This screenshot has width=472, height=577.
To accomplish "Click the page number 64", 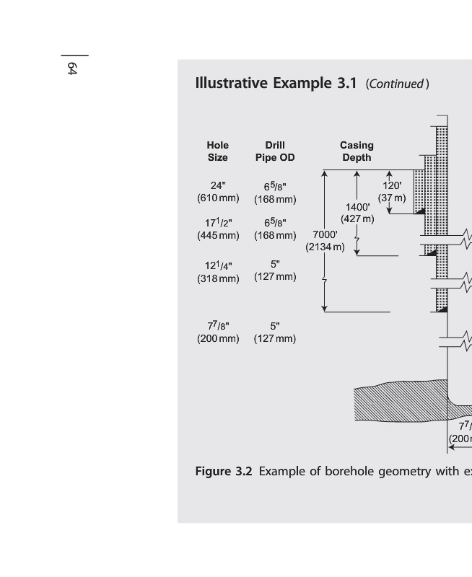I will coord(72,69).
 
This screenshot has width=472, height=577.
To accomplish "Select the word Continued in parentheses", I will coord(397,84).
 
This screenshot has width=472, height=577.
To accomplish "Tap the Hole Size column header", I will coord(217,151).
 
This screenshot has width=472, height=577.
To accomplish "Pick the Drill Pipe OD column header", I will coord(275,151).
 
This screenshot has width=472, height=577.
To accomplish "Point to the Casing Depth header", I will coord(357,151).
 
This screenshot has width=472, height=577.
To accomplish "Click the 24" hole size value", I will coord(217,185).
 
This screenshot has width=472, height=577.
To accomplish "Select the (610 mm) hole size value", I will coord(218,198).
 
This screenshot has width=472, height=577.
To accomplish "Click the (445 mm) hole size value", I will coord(218,235).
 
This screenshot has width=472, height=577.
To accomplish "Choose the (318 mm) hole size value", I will coord(218,278).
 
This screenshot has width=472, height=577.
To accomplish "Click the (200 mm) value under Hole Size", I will coord(218,338).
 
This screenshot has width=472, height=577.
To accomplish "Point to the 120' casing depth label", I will coord(392,185).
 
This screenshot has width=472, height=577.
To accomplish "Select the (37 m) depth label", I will coord(392,198).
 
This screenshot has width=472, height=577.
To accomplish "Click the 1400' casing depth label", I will coord(357,207).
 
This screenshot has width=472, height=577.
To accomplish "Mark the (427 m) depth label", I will coord(357,219).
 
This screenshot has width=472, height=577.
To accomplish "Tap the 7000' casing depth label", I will coord(325,234).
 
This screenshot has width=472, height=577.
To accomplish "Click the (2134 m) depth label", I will coord(325,247).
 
